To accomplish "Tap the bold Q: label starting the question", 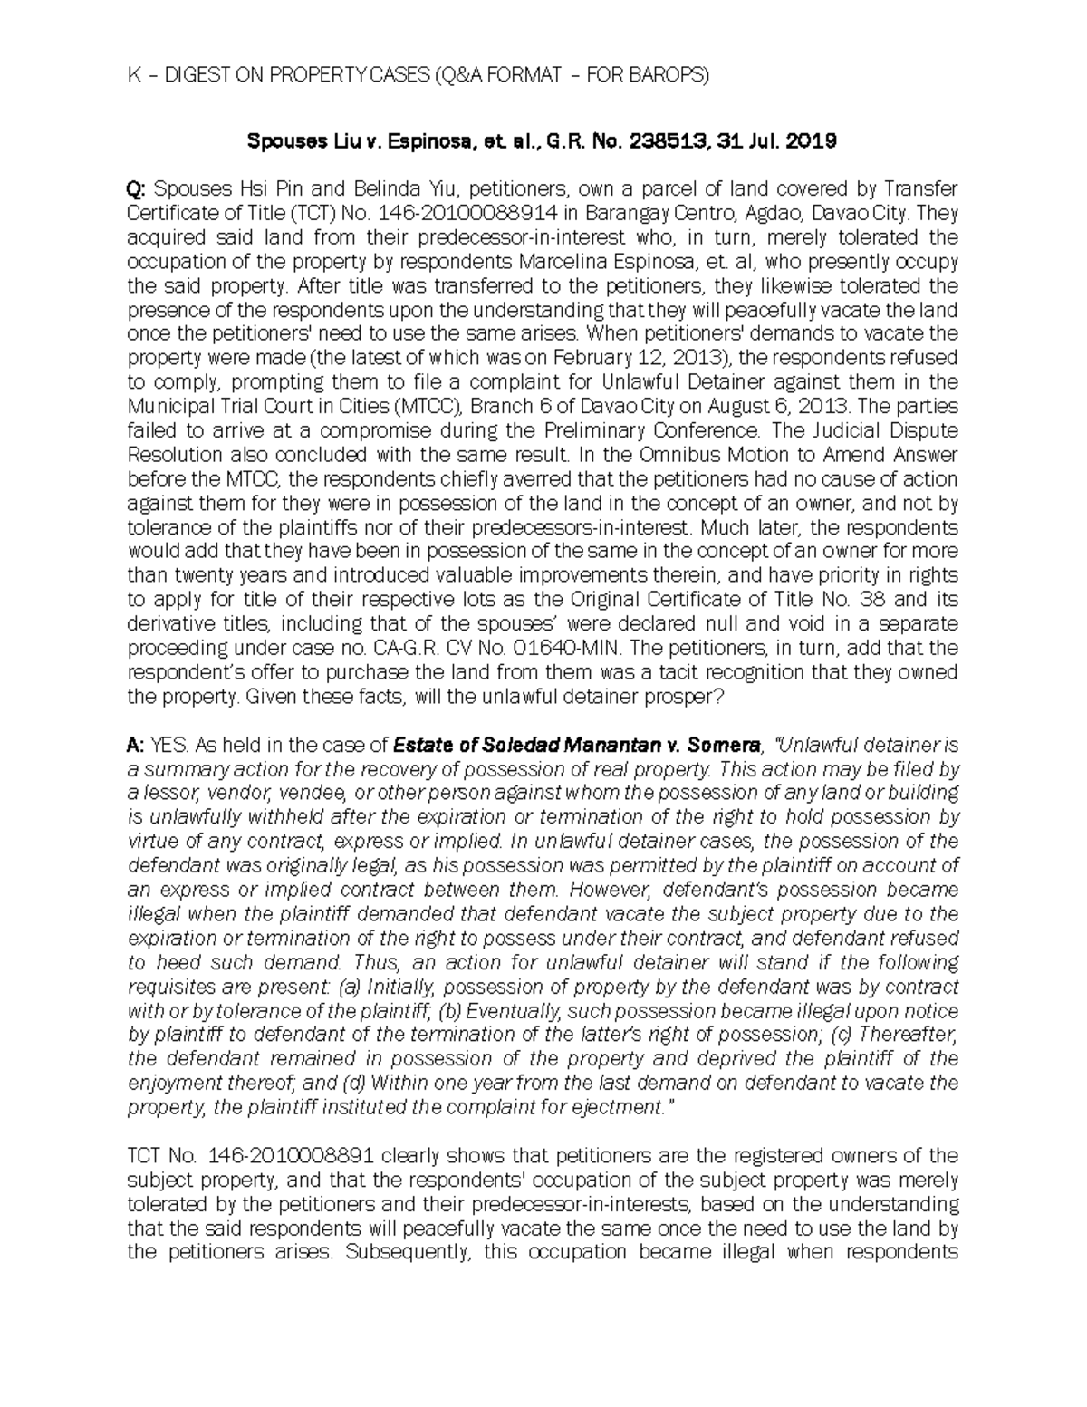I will pos(137,189).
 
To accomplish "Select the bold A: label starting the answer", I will pos(136,746).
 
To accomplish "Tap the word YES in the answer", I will pos(169,746).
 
